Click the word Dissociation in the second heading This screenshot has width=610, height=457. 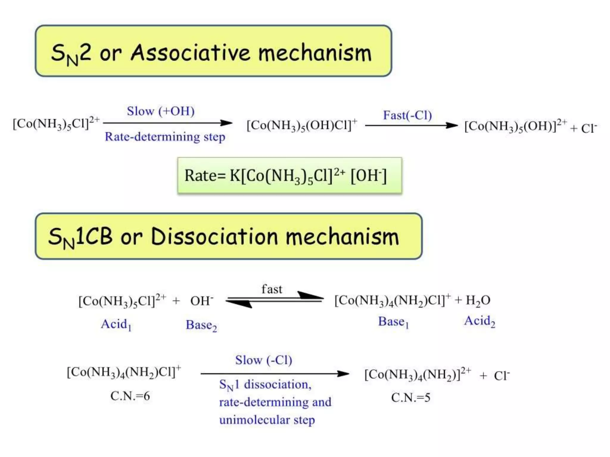point(214,237)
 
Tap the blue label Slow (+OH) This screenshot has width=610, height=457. point(161,111)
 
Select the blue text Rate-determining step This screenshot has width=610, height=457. point(165,137)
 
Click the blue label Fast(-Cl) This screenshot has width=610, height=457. point(407,115)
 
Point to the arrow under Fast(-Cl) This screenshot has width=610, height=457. point(411,125)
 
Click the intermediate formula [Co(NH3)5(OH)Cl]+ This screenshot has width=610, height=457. point(301,125)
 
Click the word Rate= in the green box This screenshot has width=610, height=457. point(205,175)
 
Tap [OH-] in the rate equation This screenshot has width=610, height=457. point(368,176)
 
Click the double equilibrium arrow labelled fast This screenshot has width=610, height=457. point(274,300)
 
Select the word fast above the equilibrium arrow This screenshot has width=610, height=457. point(272,289)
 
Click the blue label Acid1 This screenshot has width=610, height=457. point(116,324)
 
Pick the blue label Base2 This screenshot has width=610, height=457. point(201,325)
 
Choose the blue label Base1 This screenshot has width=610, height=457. point(393,322)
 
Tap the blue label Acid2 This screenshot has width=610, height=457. point(479,321)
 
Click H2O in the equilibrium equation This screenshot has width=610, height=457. point(478,300)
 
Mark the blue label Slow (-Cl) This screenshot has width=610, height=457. point(263,360)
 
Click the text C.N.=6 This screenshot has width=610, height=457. point(130,396)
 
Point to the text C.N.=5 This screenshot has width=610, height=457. point(410,397)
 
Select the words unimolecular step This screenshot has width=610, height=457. point(267,420)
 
